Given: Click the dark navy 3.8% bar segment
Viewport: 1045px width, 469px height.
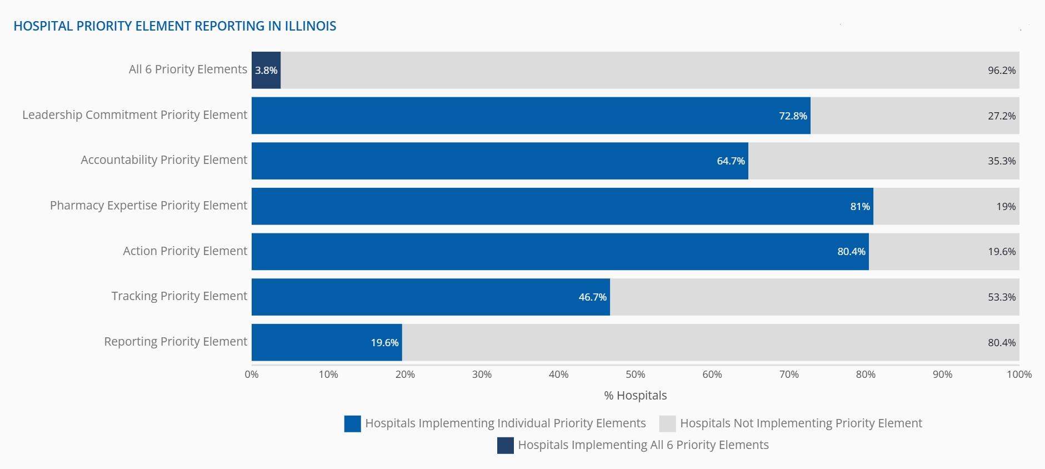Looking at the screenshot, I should coord(266,70).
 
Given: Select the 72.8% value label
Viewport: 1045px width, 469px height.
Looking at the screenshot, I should coord(793,116).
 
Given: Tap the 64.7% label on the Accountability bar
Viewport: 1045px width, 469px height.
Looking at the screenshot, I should coord(731,161).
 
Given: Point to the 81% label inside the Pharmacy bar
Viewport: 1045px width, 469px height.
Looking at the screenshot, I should coord(859,207).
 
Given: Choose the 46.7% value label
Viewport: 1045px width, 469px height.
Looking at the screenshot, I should coord(592,297).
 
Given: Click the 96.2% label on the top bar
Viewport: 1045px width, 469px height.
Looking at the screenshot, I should coord(1001,71).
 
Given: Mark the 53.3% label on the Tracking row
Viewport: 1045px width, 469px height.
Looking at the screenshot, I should coord(1001,297).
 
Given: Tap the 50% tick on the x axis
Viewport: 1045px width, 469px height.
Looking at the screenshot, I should coord(635,375).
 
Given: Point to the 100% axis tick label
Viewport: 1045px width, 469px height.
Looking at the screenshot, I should coord(1018,375).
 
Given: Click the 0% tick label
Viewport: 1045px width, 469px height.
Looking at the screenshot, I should coord(252,375).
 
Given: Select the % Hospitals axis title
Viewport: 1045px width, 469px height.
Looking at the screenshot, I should coord(635,396).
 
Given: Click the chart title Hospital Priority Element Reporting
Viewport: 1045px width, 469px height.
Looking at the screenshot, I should coord(174,26).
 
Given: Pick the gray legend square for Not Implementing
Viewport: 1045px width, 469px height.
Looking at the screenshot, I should coord(667,423).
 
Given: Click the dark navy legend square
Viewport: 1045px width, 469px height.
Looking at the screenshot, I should coord(505,445).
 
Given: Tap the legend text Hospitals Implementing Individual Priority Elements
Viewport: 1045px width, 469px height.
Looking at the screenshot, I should coord(505,423).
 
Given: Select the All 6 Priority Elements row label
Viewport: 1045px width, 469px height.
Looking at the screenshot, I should coord(188,69).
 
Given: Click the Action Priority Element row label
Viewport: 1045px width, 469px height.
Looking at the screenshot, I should coord(184,251).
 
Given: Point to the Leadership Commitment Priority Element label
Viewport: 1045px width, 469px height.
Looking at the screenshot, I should coord(134,115).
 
